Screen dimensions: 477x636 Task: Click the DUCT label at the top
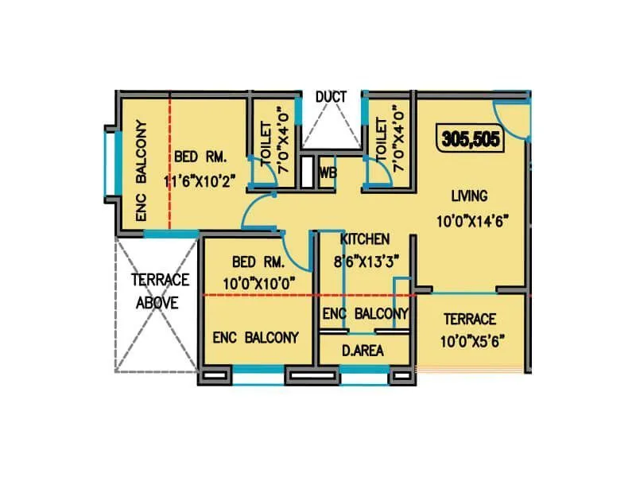click(331, 97)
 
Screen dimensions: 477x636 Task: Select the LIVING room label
click(469, 196)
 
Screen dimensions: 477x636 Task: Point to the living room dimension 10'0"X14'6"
click(472, 221)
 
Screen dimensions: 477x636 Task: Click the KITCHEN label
click(365, 238)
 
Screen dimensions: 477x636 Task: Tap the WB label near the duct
click(327, 173)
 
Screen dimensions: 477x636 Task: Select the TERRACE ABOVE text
click(160, 291)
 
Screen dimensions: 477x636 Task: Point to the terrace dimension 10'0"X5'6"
click(470, 342)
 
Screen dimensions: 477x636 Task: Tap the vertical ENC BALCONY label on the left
click(142, 170)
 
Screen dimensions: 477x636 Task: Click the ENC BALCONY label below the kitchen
click(365, 314)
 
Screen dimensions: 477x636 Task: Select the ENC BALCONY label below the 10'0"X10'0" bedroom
click(255, 337)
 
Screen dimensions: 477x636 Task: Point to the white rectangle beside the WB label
click(307, 172)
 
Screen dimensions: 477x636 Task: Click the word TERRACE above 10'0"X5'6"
click(470, 320)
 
